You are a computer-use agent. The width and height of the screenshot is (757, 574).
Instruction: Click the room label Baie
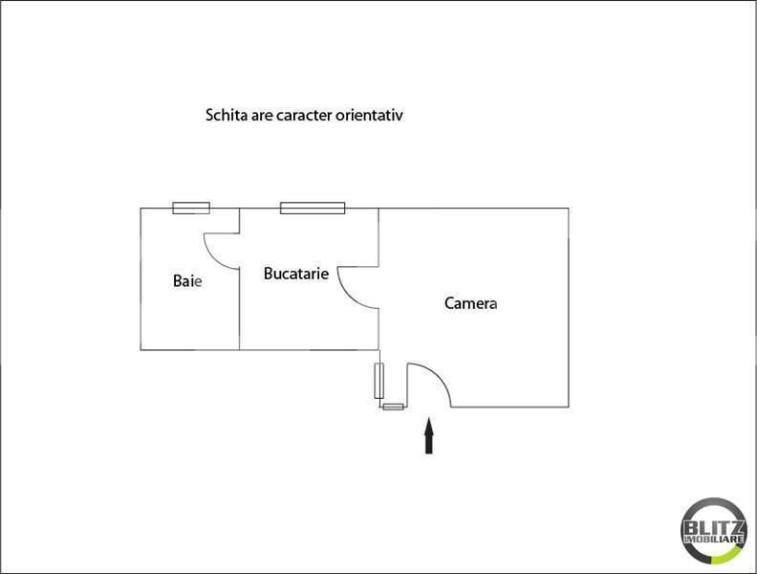(187, 281)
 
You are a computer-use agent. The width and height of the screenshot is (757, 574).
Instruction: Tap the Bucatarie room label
(296, 274)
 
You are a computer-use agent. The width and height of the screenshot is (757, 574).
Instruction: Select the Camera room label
(471, 303)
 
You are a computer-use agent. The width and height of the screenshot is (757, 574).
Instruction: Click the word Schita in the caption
(227, 115)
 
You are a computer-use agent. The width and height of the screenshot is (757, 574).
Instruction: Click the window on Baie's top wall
(190, 208)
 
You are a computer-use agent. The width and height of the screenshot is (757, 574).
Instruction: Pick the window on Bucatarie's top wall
(313, 208)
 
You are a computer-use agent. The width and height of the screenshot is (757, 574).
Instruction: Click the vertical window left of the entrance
(379, 381)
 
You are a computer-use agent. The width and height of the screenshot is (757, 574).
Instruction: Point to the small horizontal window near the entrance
(393, 407)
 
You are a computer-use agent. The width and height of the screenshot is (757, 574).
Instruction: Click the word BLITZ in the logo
(714, 527)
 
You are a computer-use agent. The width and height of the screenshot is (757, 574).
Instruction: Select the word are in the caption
(262, 115)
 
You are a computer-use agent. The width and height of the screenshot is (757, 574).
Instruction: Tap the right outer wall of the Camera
(569, 306)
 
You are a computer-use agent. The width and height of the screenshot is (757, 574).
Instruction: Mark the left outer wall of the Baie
(141, 277)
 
